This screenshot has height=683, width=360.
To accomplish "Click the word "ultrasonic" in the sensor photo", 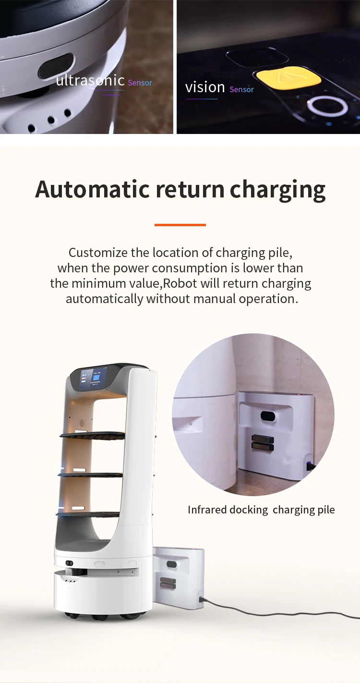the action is (x=90, y=81).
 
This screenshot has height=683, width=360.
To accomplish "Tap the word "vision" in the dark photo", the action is (x=205, y=87).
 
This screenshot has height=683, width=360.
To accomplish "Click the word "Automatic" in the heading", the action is (x=92, y=189).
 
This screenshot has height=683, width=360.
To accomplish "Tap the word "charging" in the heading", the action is (x=277, y=190).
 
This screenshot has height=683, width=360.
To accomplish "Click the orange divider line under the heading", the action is (x=180, y=225).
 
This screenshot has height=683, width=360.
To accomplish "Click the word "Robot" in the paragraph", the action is (x=180, y=283).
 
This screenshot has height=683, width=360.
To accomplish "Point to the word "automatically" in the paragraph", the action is (x=104, y=299).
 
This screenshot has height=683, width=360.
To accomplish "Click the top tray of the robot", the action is (x=92, y=435).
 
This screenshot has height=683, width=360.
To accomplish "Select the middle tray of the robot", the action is (x=91, y=475).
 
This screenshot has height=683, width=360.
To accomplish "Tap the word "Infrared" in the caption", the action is (x=207, y=510).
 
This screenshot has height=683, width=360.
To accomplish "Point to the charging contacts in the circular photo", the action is (x=263, y=443).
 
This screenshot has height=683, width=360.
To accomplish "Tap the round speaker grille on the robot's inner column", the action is (x=82, y=423).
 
